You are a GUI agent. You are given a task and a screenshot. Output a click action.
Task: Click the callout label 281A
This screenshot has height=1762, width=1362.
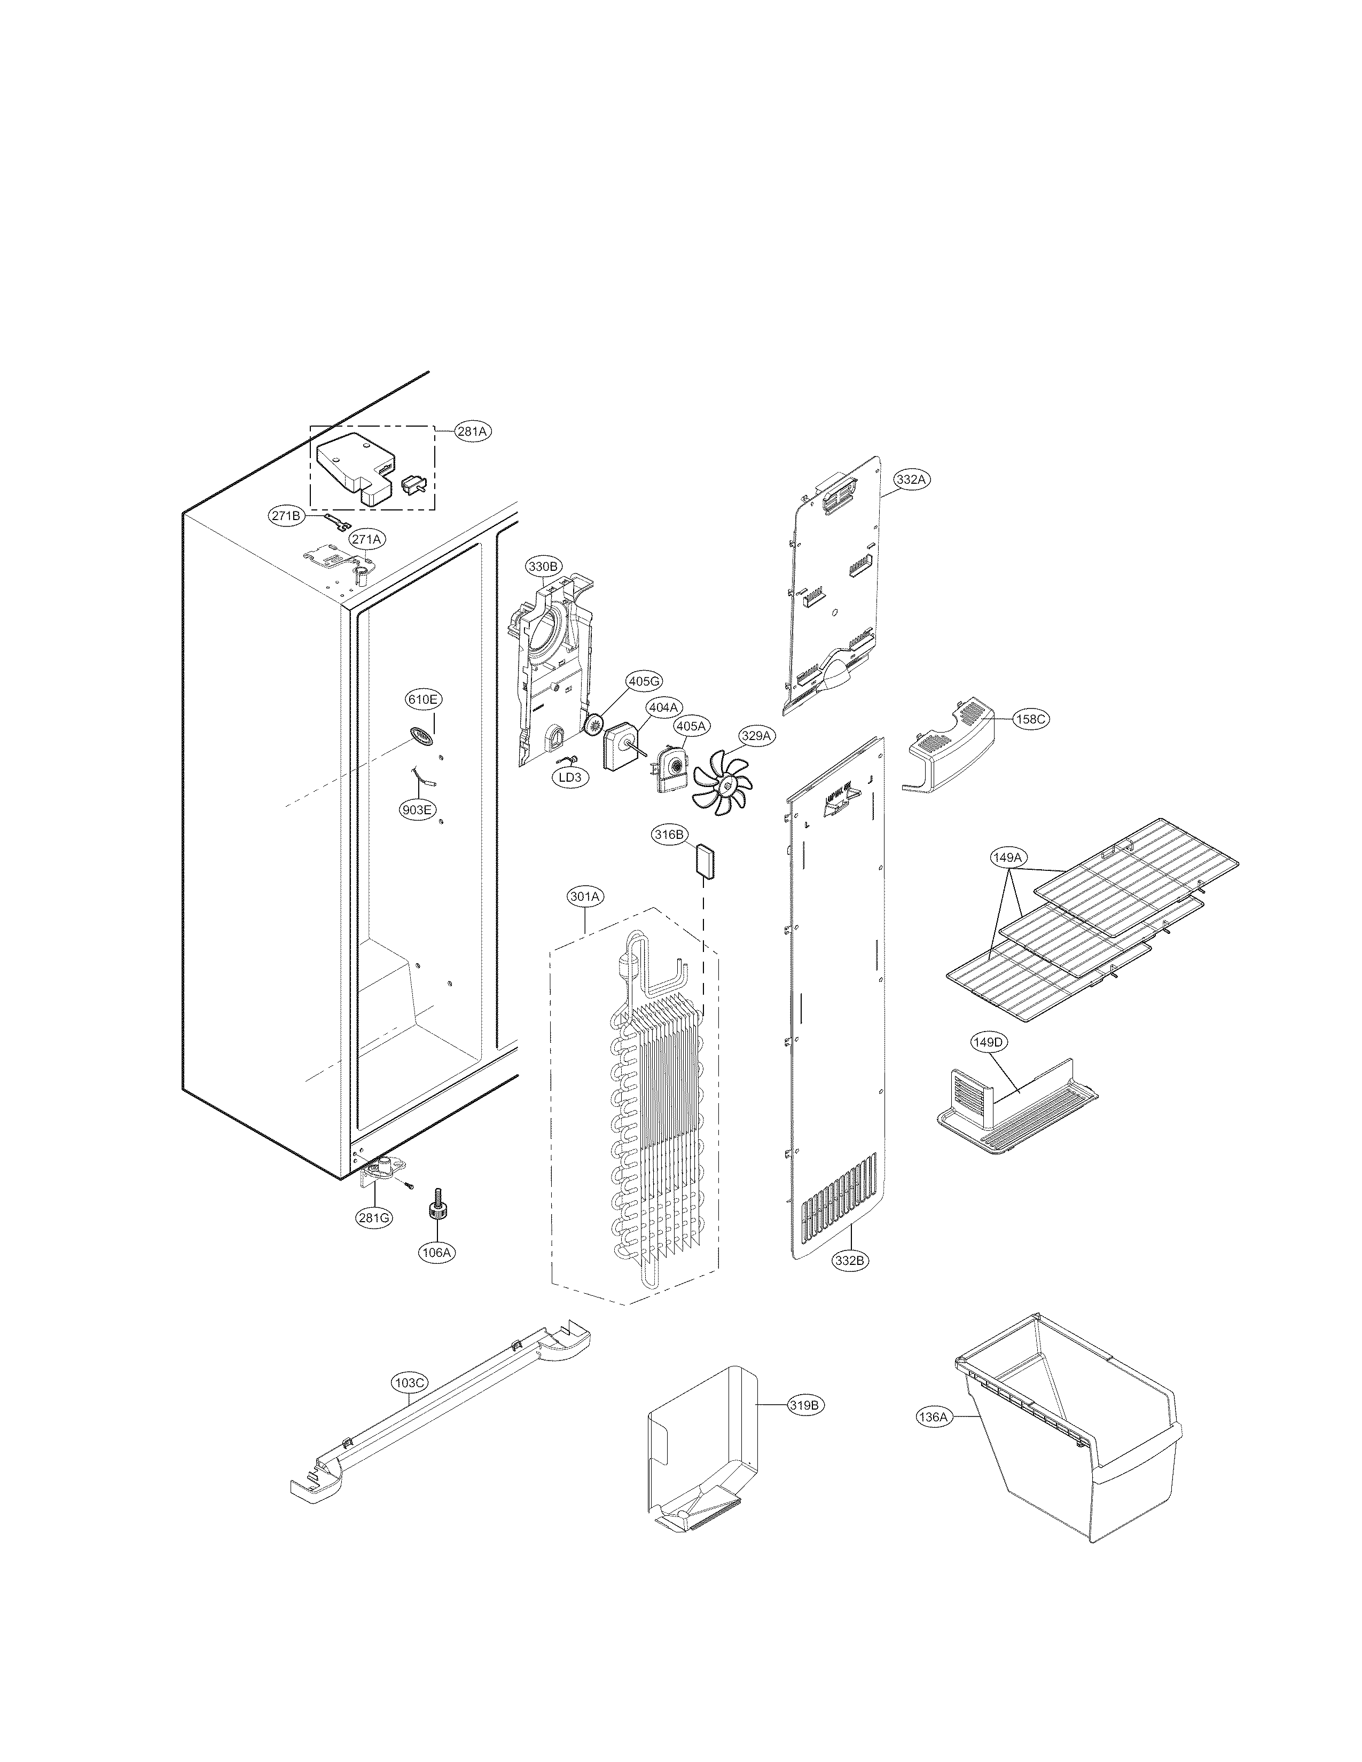(472, 431)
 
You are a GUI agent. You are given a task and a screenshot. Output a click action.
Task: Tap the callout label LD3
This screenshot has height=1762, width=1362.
(570, 778)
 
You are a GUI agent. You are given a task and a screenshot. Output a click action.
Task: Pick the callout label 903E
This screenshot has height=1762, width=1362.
(417, 809)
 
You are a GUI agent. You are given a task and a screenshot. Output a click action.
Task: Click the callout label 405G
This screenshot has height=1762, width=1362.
(644, 682)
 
